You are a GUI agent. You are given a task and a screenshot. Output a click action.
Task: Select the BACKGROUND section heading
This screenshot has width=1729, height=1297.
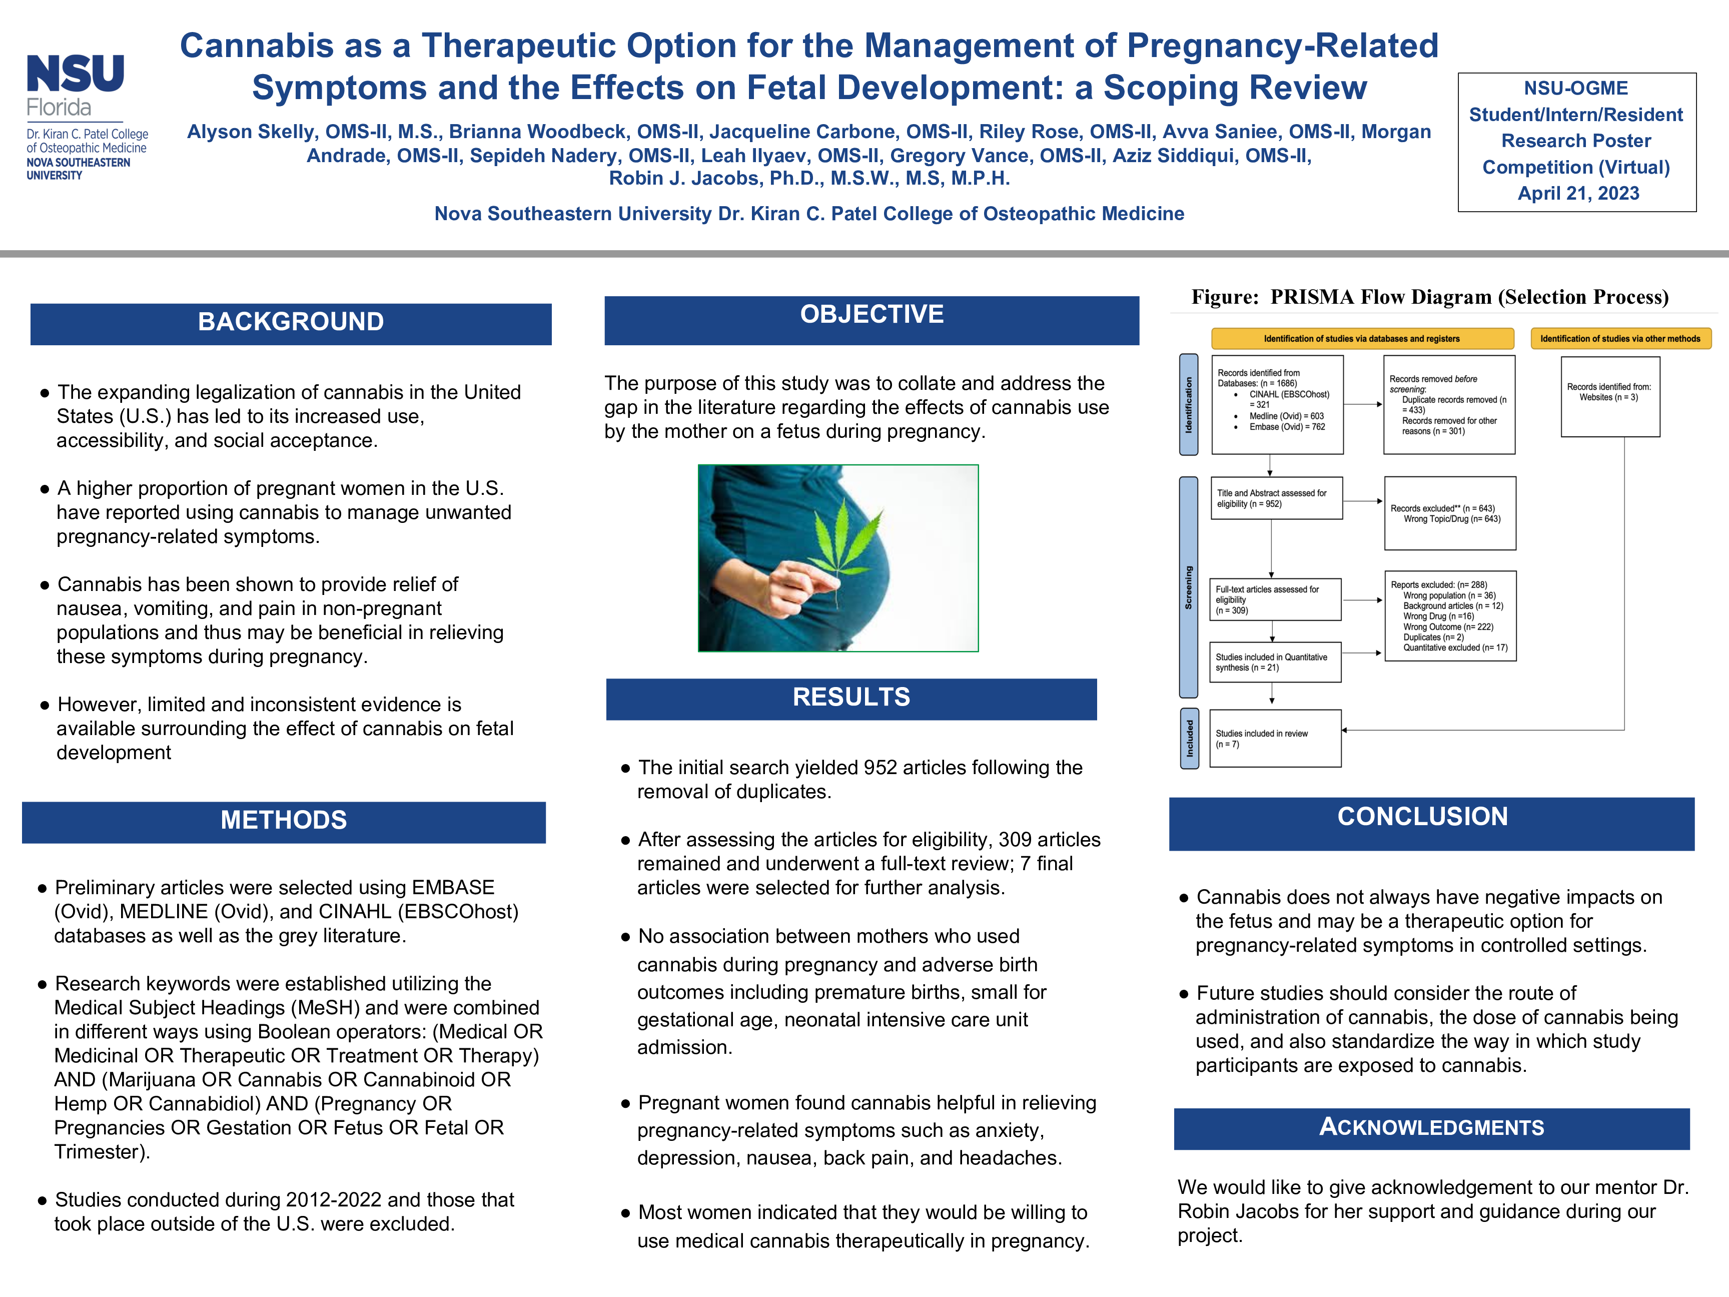click(291, 322)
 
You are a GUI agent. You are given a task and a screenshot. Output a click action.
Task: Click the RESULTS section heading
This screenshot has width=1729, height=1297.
click(851, 698)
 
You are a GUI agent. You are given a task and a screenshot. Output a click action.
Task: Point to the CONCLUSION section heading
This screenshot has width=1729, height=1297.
click(1423, 818)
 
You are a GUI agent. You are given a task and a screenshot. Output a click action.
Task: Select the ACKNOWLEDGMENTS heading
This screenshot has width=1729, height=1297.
click(1431, 1127)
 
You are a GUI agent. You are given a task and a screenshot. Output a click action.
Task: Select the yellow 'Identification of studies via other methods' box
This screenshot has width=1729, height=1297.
click(1619, 339)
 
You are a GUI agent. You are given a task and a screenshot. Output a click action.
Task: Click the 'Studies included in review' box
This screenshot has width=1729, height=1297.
click(1275, 739)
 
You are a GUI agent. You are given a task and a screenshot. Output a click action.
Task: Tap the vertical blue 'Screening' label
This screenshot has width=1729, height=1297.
click(1189, 587)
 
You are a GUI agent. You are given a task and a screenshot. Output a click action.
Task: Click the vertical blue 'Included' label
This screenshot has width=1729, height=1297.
click(1189, 738)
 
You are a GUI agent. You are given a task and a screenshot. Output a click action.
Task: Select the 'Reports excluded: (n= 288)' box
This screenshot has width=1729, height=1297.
click(1450, 616)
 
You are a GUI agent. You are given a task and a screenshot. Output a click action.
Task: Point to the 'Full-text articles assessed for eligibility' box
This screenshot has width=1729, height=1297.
click(1275, 599)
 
